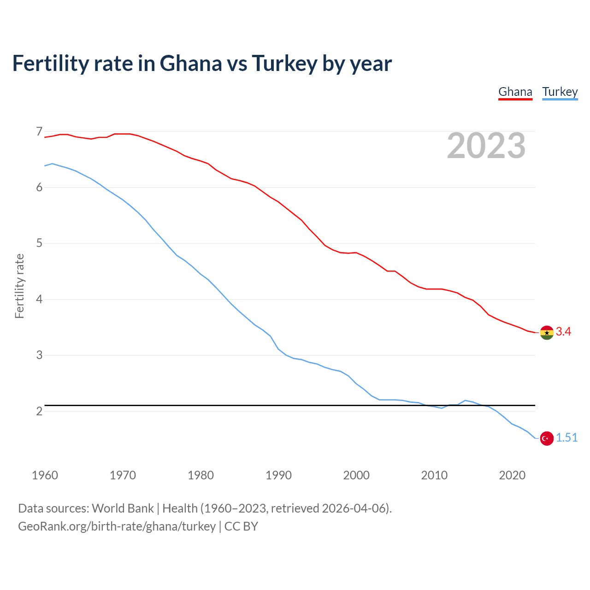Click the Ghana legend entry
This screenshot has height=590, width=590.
515,92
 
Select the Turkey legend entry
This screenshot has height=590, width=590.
560,92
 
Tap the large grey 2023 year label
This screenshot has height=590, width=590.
486,146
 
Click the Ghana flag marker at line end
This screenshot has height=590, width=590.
547,332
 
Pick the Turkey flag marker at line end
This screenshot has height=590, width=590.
547,438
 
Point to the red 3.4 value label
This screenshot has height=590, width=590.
563,332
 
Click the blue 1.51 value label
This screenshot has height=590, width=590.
566,438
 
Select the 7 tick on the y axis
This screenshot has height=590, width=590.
39,132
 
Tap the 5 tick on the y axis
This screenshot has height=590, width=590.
39,243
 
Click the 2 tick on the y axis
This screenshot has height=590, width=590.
39,411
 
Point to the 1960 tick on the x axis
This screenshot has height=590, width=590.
45,475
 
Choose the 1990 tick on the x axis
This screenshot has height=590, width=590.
278,475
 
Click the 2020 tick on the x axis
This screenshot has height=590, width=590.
512,475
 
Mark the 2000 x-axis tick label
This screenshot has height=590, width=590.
356,475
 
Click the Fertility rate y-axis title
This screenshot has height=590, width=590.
19,286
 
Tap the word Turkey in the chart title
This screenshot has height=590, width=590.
284,64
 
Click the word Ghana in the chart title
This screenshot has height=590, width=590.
190,64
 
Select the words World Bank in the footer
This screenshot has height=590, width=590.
123,508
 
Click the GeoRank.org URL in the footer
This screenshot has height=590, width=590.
117,526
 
